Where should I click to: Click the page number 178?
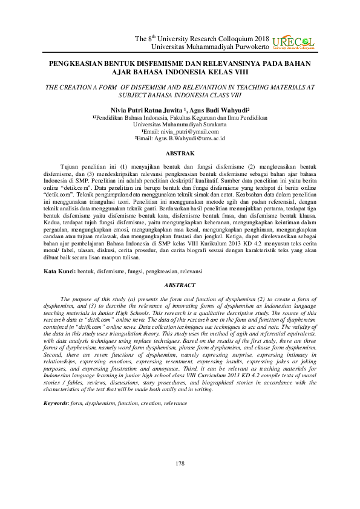[179, 463]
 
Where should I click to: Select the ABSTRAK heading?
[180, 154]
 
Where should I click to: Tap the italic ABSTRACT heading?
[180, 284]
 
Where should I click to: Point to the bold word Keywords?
[59, 403]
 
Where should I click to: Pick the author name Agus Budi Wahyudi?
[206, 111]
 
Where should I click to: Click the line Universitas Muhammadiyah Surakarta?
[180, 125]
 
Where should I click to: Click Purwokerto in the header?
[247, 46]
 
